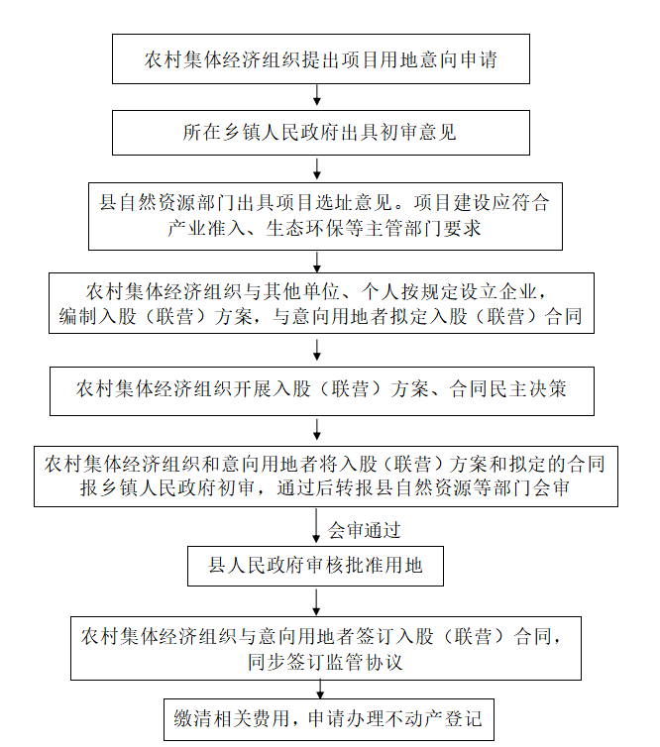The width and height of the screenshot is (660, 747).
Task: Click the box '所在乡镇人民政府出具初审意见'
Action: coord(321,133)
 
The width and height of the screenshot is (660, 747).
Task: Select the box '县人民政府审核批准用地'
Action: coord(315,566)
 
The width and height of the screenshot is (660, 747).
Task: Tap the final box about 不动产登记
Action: coord(329,719)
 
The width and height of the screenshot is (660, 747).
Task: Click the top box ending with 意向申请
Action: coord(321,59)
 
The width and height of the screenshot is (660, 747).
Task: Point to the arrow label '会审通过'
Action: coord(364,530)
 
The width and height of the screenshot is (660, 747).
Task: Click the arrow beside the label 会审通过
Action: coord(316,526)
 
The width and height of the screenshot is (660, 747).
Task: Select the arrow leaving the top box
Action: coord(316,95)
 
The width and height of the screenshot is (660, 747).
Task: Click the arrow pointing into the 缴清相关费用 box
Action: coord(320,690)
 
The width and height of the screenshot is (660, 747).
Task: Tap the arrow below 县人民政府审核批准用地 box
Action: coord(316,601)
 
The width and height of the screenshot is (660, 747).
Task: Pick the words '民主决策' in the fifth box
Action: coord(528,389)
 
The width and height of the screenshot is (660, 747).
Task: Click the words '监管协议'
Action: coord(365,662)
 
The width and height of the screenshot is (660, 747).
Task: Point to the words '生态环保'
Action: coord(305,228)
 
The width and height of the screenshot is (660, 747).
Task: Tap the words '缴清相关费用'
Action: coord(232,719)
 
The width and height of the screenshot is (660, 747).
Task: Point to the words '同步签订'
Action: coord(286,662)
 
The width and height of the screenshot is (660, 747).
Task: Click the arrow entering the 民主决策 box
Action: coord(317,350)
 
